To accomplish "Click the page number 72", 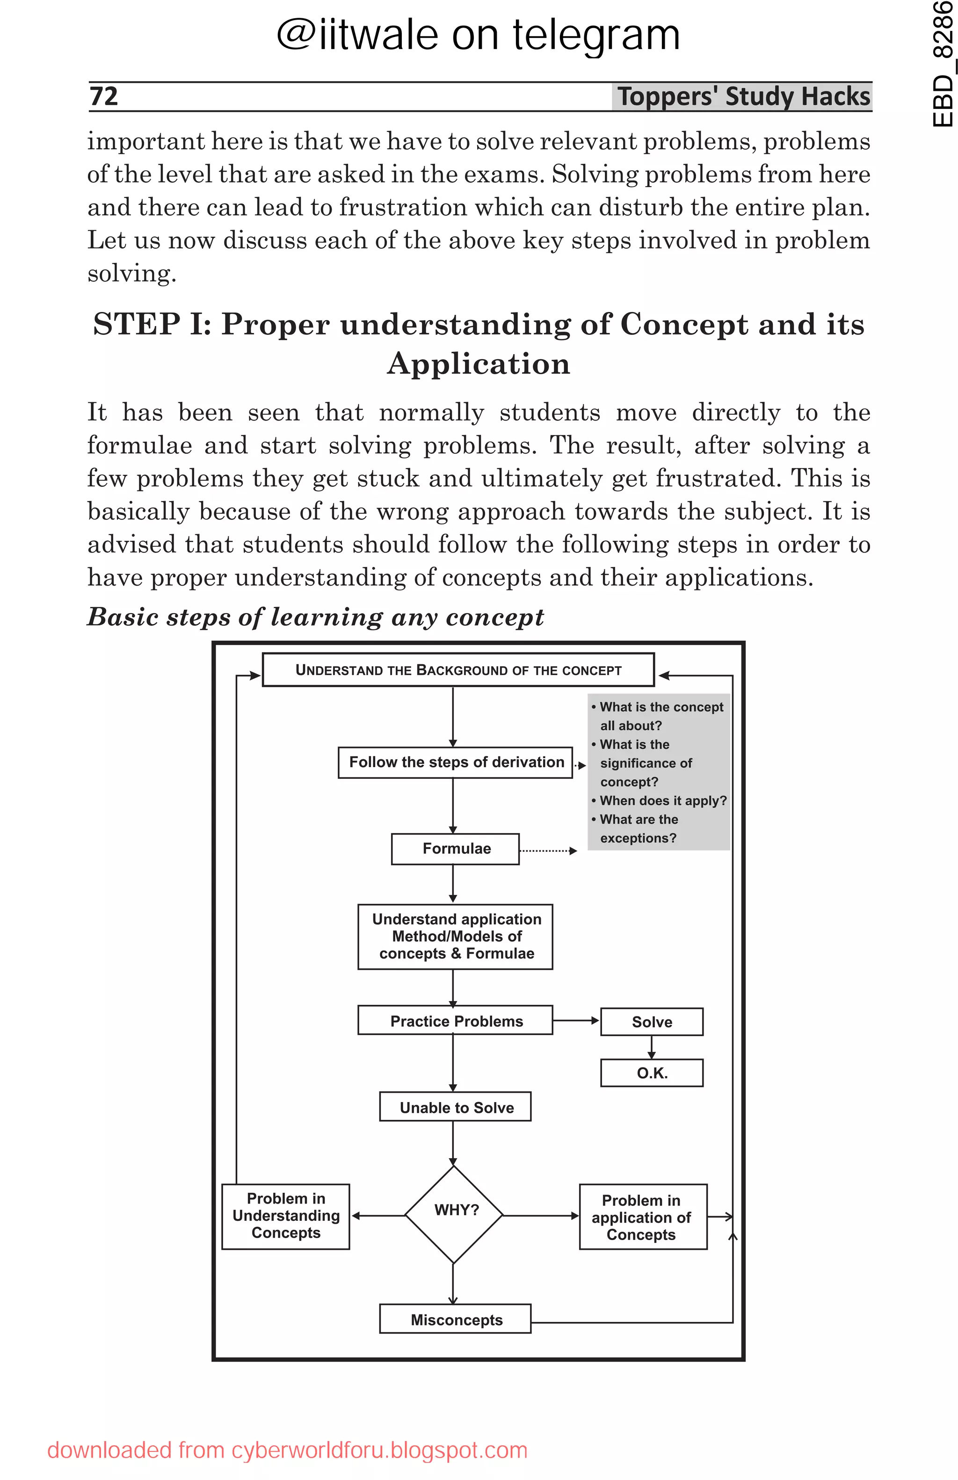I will pyautogui.click(x=104, y=96).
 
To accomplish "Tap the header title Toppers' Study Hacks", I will pyautogui.click(x=743, y=96).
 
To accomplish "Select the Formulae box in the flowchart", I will pyautogui.click(x=456, y=849).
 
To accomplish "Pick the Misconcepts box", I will pyautogui.click(x=456, y=1320).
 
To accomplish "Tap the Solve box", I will pyautogui.click(x=652, y=1022).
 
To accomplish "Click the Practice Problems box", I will pyautogui.click(x=456, y=1021).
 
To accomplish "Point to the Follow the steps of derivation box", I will pyautogui.click(x=456, y=762).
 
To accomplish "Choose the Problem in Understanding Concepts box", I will pyautogui.click(x=286, y=1216).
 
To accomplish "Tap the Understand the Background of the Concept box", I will pyautogui.click(x=458, y=670).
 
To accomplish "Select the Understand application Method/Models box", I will pyautogui.click(x=456, y=936).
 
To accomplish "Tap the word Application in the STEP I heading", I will pyautogui.click(x=479, y=364).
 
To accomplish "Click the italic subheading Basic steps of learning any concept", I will pyautogui.click(x=315, y=617).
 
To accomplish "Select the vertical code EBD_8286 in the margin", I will pyautogui.click(x=943, y=65).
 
